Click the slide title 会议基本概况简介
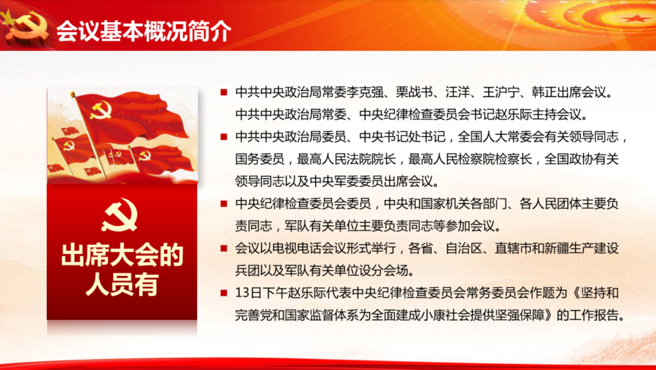pyautogui.click(x=144, y=31)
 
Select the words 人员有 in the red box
pyautogui.click(x=122, y=284)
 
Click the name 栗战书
pyautogui.click(x=409, y=92)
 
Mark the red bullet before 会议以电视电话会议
pyautogui.click(x=224, y=248)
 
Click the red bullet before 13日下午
pyautogui.click(x=224, y=292)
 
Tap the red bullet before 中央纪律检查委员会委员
pyautogui.click(x=224, y=203)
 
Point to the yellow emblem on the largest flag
pyautogui.click(x=101, y=110)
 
